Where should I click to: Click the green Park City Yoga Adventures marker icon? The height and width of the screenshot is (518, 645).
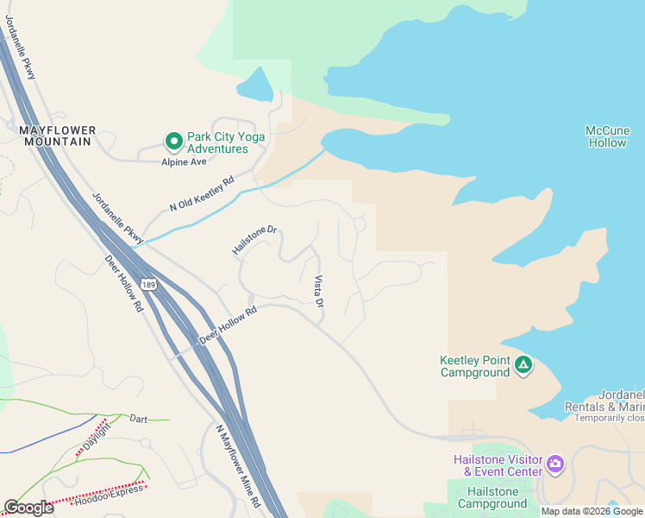pyautogui.click(x=173, y=140)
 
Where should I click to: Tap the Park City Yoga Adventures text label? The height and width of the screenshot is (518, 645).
pyautogui.click(x=226, y=142)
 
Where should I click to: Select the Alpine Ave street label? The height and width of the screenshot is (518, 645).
pyautogui.click(x=184, y=161)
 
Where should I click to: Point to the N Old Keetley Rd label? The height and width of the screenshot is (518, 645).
pyautogui.click(x=202, y=195)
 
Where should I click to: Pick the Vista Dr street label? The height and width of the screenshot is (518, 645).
pyautogui.click(x=318, y=292)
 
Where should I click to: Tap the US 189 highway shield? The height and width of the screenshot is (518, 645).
pyautogui.click(x=149, y=285)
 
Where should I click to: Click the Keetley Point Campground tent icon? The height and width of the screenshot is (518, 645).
pyautogui.click(x=523, y=365)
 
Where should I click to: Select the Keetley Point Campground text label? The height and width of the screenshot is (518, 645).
pyautogui.click(x=474, y=366)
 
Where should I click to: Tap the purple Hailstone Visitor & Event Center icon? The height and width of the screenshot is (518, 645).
pyautogui.click(x=555, y=464)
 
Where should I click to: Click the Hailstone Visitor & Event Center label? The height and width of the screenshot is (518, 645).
pyautogui.click(x=498, y=465)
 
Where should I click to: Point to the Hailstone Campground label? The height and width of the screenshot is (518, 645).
pyautogui.click(x=488, y=497)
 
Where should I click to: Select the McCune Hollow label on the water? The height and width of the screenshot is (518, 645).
pyautogui.click(x=607, y=136)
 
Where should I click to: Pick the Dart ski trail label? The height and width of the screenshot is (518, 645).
pyautogui.click(x=138, y=419)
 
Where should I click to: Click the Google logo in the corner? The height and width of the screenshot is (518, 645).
pyautogui.click(x=28, y=507)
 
